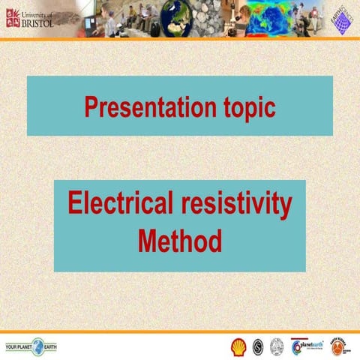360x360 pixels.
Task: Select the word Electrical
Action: [x=118, y=204]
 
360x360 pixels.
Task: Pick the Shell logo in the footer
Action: [x=238, y=346]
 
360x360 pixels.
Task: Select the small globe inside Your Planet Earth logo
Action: [x=37, y=346]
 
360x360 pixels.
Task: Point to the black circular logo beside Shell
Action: [x=257, y=346]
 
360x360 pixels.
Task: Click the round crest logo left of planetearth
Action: [x=277, y=346]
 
